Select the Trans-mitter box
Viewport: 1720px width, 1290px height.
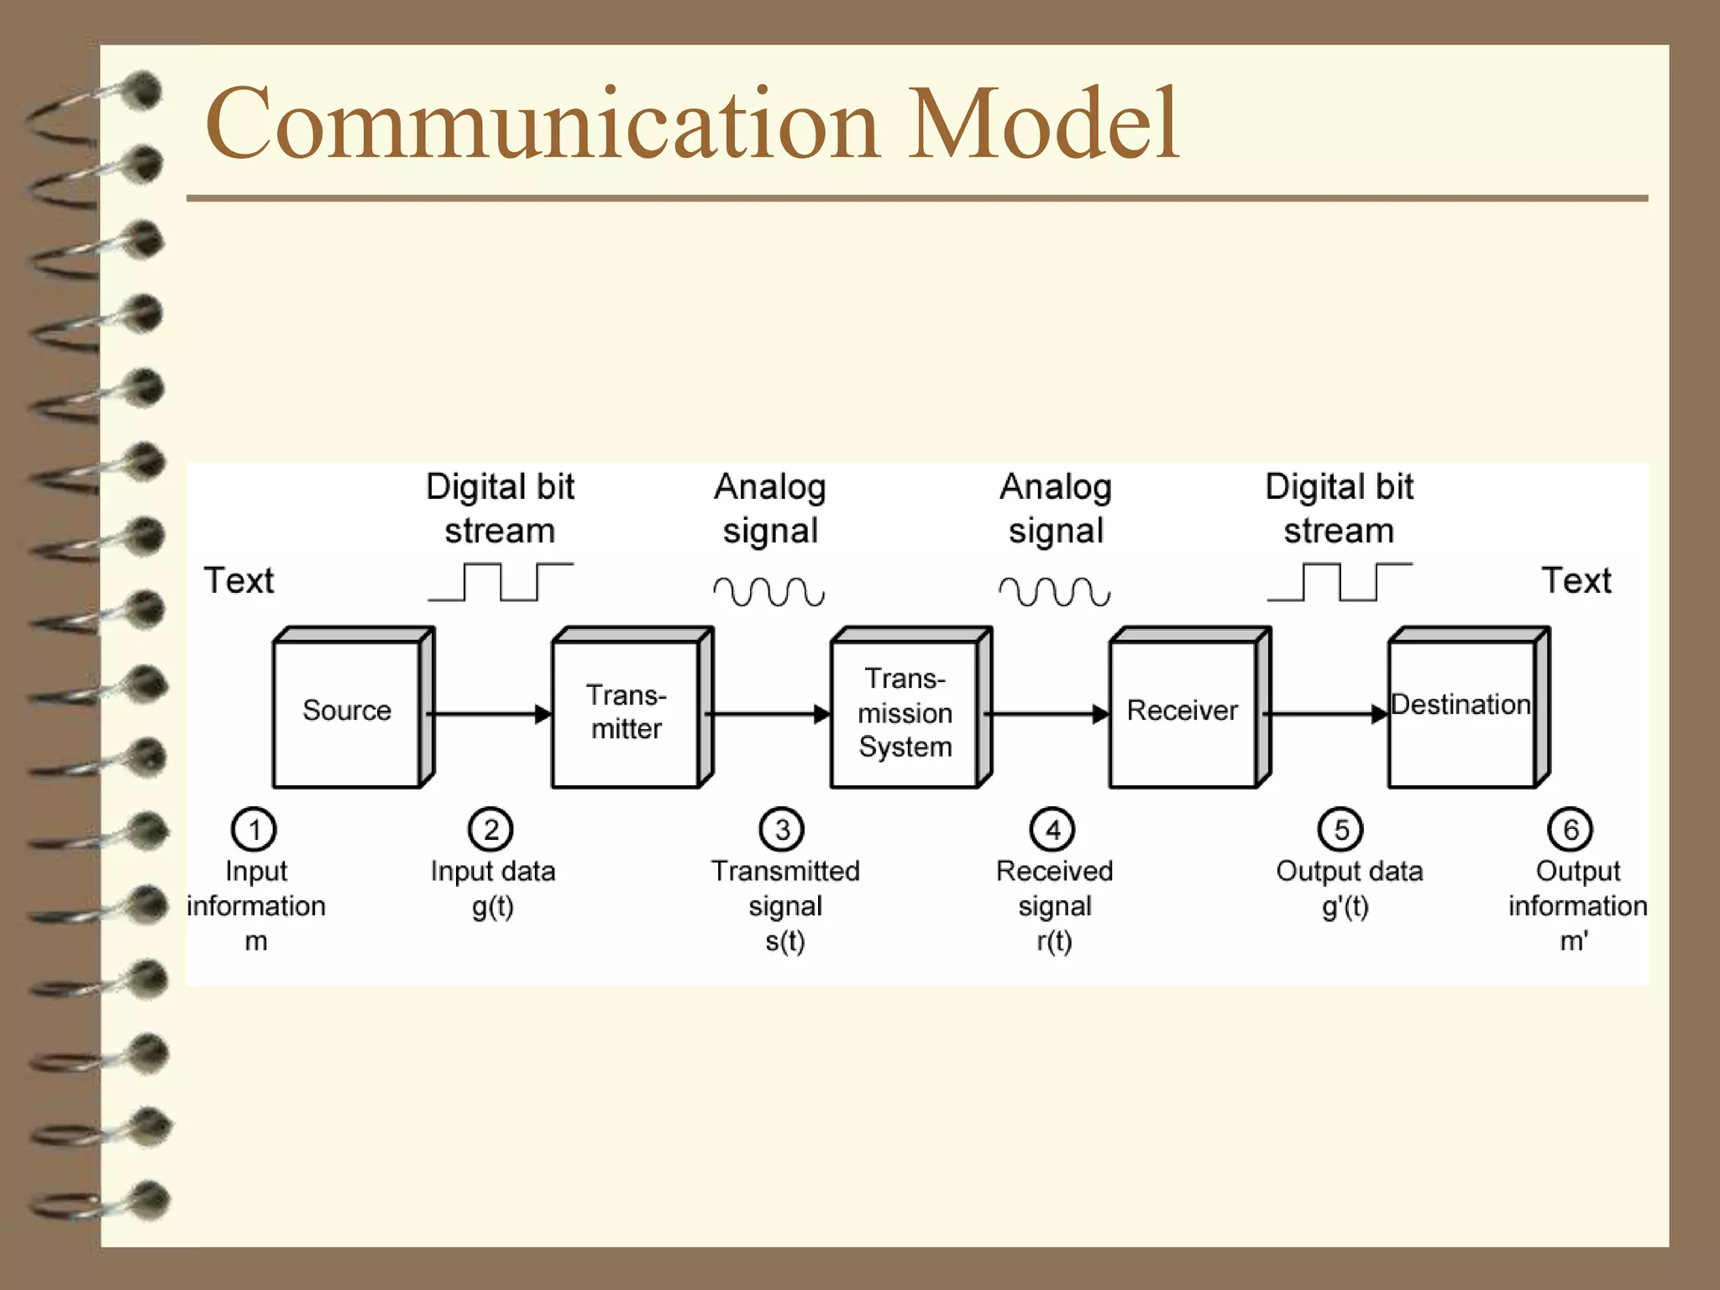tap(626, 712)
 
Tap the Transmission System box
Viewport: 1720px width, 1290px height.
tap(905, 713)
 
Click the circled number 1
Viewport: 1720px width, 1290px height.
tap(254, 830)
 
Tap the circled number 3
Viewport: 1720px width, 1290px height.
tap(782, 830)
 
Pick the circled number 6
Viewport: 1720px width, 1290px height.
tap(1571, 830)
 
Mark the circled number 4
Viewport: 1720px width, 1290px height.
tap(1052, 830)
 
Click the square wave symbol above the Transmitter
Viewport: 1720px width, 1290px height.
tap(501, 582)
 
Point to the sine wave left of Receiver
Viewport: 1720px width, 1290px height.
tap(1055, 591)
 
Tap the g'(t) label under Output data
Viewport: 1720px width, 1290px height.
tap(1345, 907)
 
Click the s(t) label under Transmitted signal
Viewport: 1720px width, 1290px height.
tap(785, 941)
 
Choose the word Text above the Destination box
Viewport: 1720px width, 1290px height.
tap(1576, 580)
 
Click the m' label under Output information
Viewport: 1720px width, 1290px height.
tap(1574, 941)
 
